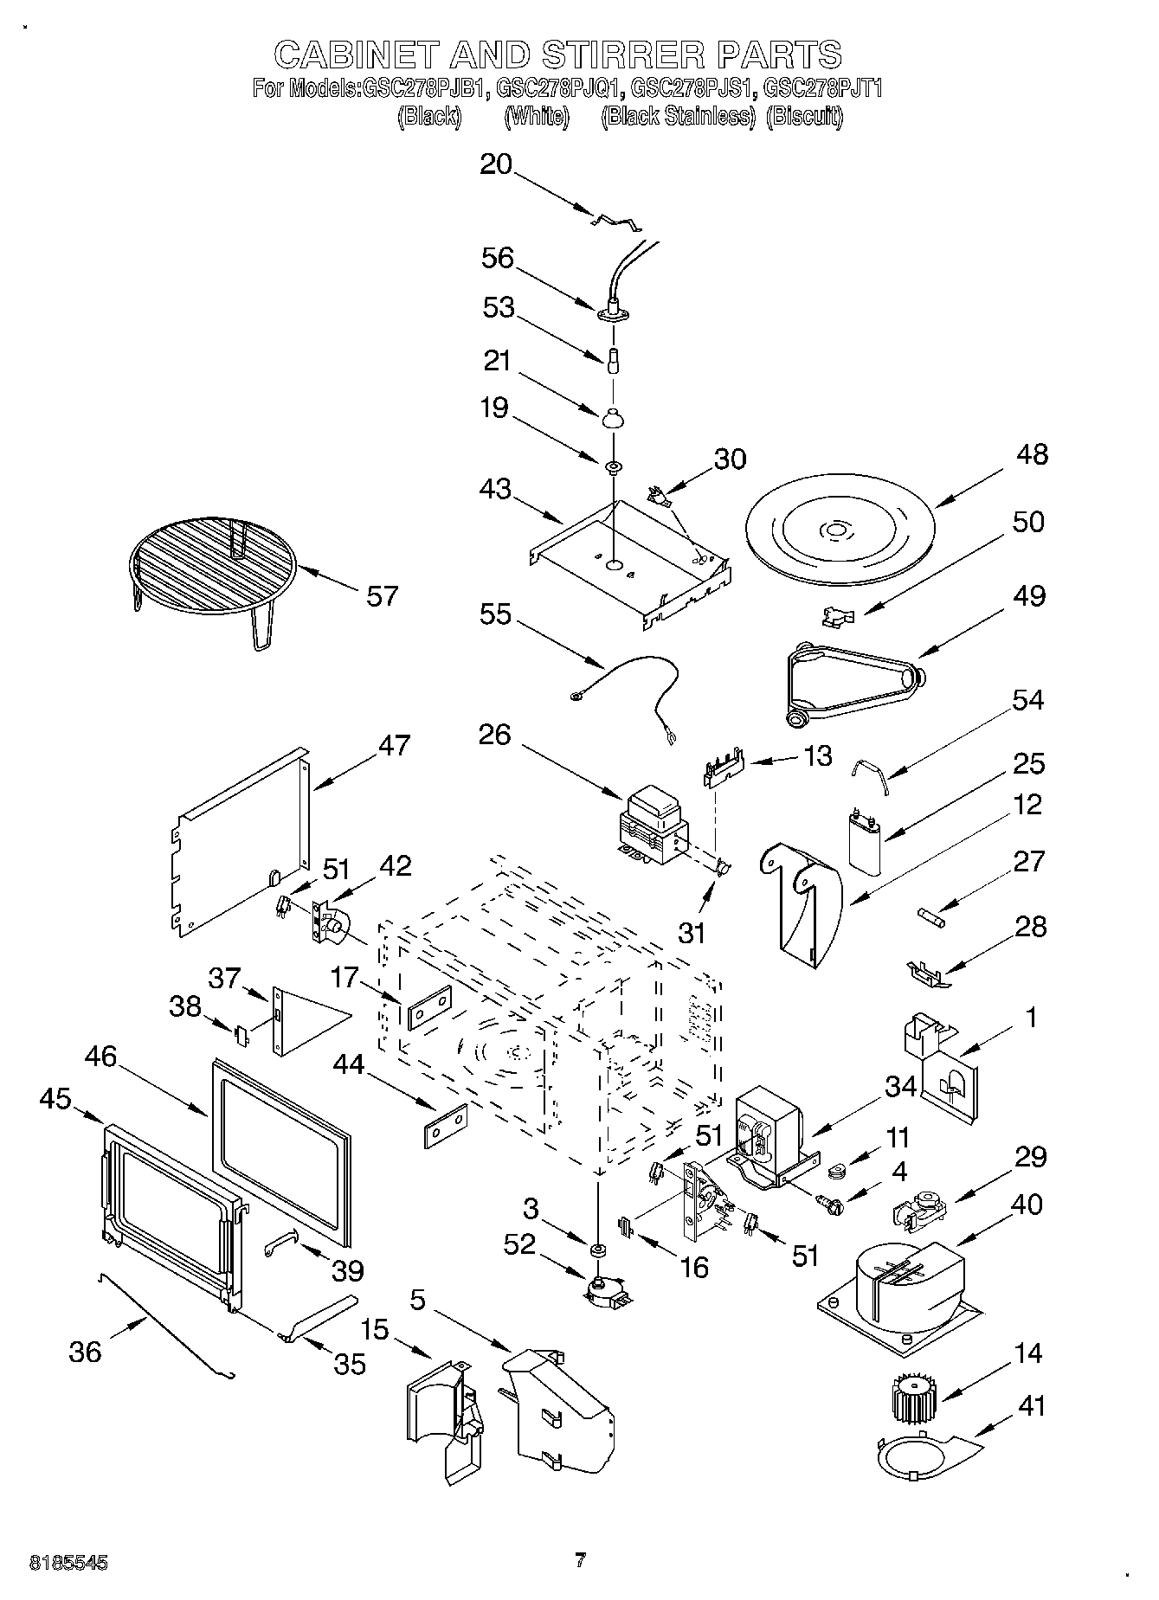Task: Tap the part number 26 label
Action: click(494, 735)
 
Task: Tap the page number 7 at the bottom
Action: click(580, 1560)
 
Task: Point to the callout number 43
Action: click(495, 489)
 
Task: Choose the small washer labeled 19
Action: click(613, 468)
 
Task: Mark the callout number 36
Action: click(85, 1351)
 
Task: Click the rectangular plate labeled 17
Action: click(429, 1006)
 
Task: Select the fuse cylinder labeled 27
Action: click(933, 916)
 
